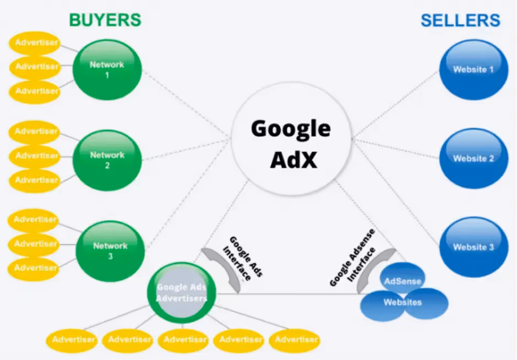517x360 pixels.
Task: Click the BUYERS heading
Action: pyautogui.click(x=105, y=20)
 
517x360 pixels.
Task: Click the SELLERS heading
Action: pyautogui.click(x=460, y=21)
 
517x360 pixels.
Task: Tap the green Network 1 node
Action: pyautogui.click(x=107, y=69)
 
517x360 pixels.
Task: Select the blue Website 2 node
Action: pyautogui.click(x=473, y=159)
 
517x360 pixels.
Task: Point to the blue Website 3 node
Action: pyautogui.click(x=473, y=247)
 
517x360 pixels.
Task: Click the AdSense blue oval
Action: pyautogui.click(x=403, y=281)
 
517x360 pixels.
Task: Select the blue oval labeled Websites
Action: pyautogui.click(x=402, y=302)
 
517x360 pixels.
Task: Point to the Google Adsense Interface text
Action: pyautogui.click(x=353, y=258)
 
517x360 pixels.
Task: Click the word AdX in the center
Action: pyautogui.click(x=293, y=160)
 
